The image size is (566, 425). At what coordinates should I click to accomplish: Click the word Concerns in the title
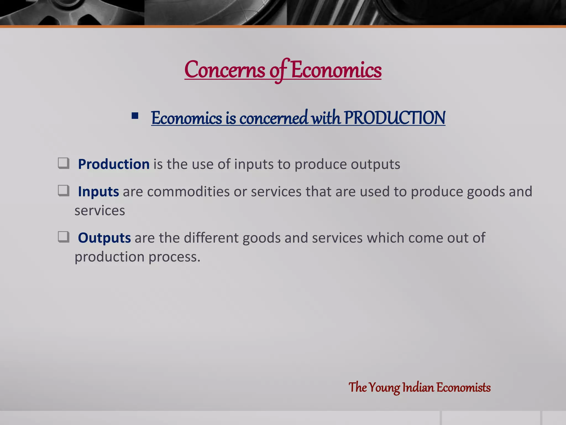pos(225,70)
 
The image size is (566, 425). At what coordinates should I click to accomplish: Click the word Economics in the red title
pos(336,70)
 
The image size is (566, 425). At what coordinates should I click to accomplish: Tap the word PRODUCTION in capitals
pos(395,118)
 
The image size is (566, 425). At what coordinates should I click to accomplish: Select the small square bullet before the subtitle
pos(135,116)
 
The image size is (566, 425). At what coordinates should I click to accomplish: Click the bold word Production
pos(114,164)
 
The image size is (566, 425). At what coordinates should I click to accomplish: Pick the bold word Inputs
pos(98,191)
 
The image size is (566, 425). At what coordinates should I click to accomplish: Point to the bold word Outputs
pos(104,238)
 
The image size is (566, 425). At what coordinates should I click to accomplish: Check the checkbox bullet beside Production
pos(64,163)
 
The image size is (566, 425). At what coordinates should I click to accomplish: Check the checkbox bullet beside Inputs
pos(64,191)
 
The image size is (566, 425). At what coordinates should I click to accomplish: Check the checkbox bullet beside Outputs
pos(64,237)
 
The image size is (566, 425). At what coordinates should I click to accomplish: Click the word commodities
pos(188,191)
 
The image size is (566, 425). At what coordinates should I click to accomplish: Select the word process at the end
pos(174,257)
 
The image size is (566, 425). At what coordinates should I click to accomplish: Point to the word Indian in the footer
pos(418,387)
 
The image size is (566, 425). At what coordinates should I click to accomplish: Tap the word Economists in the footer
pos(463,387)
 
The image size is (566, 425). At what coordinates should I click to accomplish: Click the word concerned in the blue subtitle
pos(273,118)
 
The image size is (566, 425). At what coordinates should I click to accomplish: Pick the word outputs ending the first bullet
pos(375,164)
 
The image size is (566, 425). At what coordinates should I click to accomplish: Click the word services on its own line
pos(100,211)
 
